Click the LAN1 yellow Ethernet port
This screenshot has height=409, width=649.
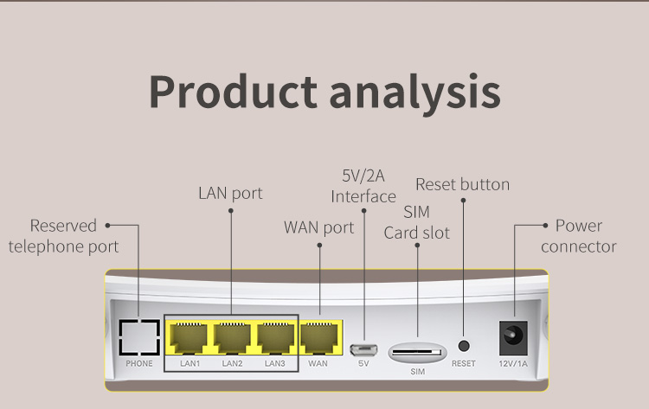(x=190, y=337)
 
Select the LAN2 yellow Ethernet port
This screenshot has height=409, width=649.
(x=232, y=337)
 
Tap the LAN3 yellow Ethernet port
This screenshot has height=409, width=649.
(x=274, y=337)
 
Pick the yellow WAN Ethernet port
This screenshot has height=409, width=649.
(x=319, y=337)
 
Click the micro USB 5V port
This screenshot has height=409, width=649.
(x=363, y=349)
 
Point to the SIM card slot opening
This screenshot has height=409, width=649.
(x=417, y=352)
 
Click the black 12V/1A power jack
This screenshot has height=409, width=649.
(x=513, y=337)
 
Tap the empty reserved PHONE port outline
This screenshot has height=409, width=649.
(x=139, y=337)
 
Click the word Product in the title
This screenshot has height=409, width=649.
(x=232, y=91)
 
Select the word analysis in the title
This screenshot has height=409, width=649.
(x=414, y=91)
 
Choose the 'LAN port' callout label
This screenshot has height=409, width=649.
(x=230, y=193)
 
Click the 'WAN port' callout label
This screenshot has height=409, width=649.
(x=319, y=227)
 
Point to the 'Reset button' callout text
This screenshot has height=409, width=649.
(x=463, y=184)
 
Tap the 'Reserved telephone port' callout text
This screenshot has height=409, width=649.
(x=63, y=236)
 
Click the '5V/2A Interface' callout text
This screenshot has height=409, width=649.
(x=363, y=186)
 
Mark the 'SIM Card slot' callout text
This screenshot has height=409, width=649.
(x=417, y=222)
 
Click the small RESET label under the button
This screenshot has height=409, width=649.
(x=464, y=364)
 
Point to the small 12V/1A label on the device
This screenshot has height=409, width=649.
(x=512, y=364)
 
